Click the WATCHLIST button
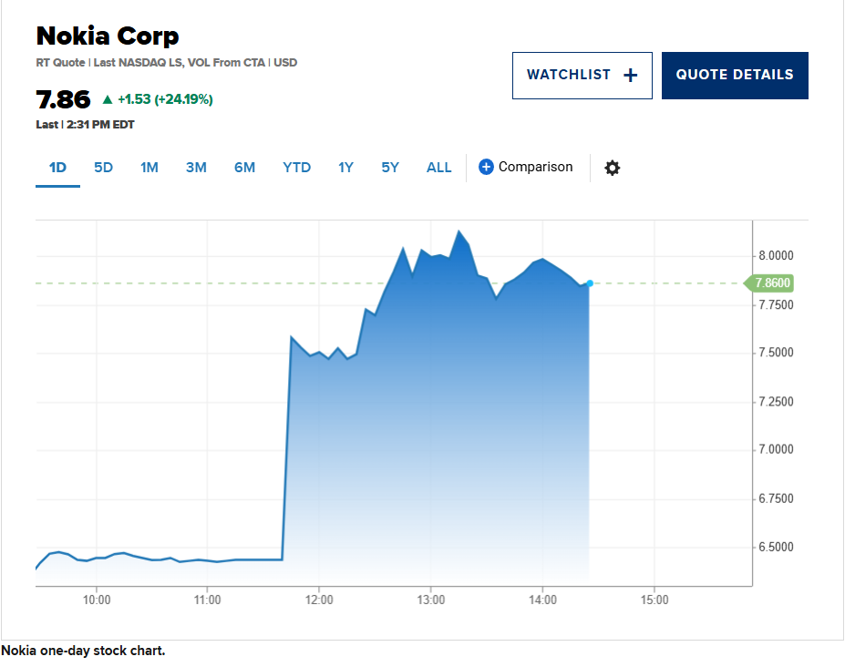pyautogui.click(x=582, y=76)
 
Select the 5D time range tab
pyautogui.click(x=104, y=168)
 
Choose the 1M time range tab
pyautogui.click(x=149, y=168)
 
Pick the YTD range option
pyautogui.click(x=296, y=168)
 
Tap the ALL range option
pyautogui.click(x=438, y=168)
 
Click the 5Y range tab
pyautogui.click(x=390, y=168)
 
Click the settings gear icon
pyautogui.click(x=613, y=168)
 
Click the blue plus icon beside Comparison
pyautogui.click(x=486, y=167)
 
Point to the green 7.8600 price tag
pyautogui.click(x=771, y=283)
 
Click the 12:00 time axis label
pyautogui.click(x=319, y=600)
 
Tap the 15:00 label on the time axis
pyautogui.click(x=654, y=600)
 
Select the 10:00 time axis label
pyautogui.click(x=97, y=600)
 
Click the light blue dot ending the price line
pyautogui.click(x=590, y=283)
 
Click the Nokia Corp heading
pyautogui.click(x=108, y=36)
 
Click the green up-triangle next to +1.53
pyautogui.click(x=108, y=99)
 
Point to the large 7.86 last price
pyautogui.click(x=63, y=99)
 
